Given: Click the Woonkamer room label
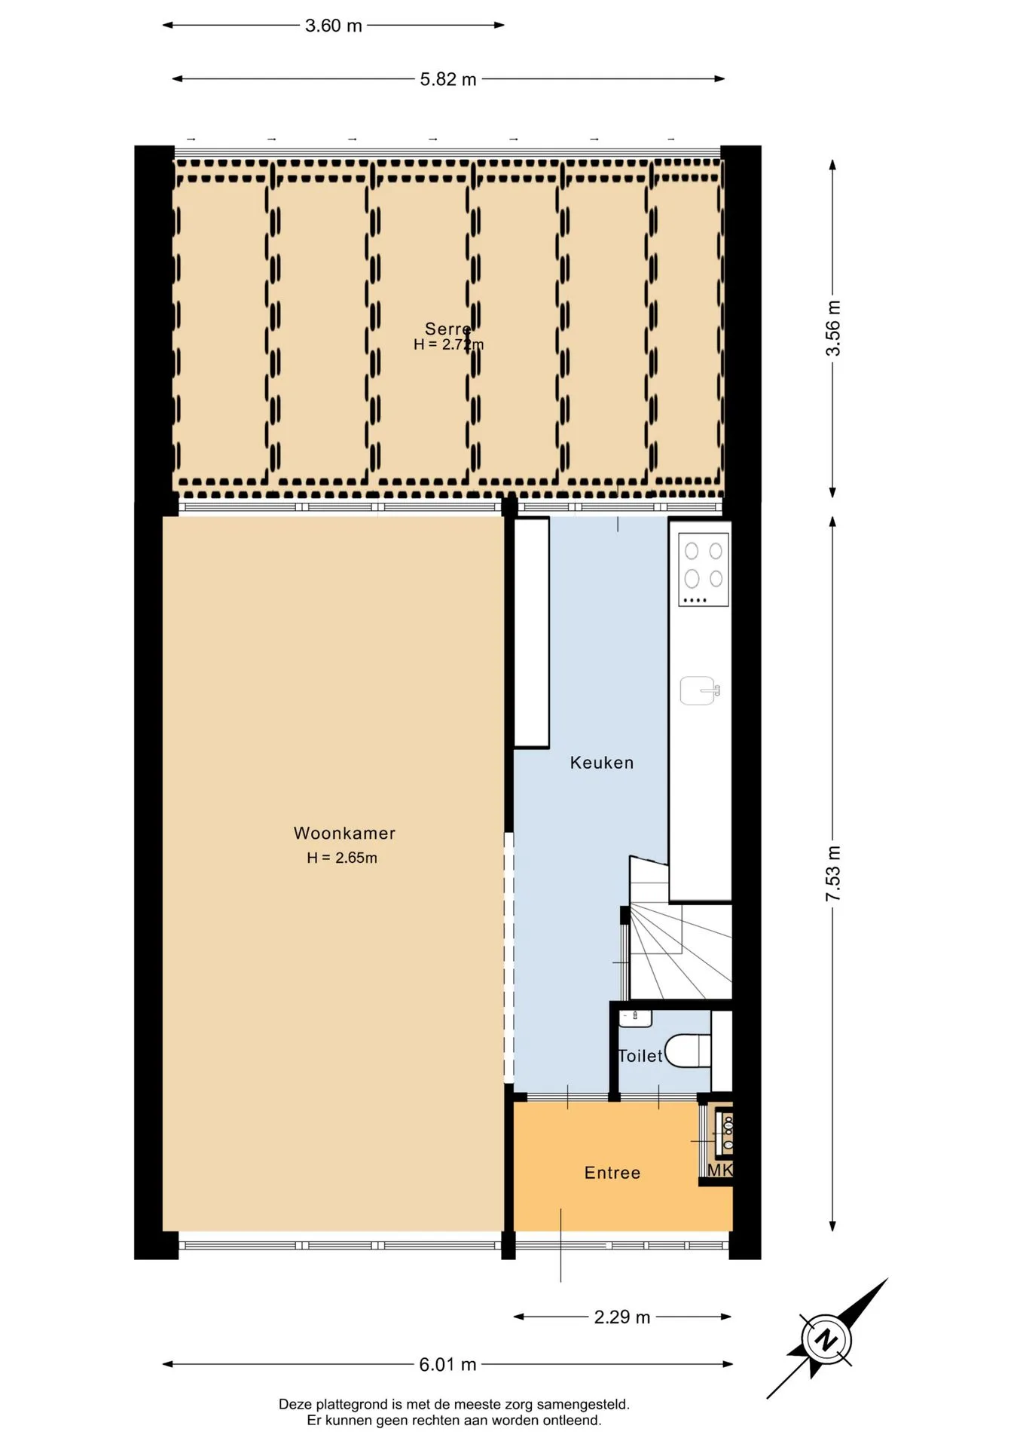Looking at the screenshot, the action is (344, 834).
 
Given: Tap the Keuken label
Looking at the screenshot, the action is (602, 763).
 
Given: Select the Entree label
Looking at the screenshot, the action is (612, 1173).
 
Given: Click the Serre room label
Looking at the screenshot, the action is (448, 329).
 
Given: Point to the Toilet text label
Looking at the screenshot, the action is (640, 1056).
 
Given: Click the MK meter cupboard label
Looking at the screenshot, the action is (720, 1170).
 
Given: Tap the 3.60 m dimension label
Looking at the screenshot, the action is (334, 26).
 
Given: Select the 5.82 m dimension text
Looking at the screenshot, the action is (448, 79).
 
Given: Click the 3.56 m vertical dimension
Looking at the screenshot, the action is (832, 329).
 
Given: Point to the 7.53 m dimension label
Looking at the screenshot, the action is (832, 873).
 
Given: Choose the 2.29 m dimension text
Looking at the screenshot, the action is (622, 1317).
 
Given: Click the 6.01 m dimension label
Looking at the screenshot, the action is (448, 1364).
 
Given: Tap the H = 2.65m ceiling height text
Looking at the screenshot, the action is (342, 858).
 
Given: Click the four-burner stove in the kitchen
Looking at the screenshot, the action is (704, 569).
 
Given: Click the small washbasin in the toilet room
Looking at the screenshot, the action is (635, 1019).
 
